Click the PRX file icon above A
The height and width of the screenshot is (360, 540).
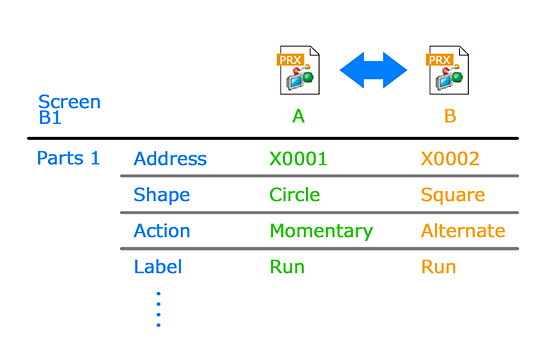[299, 70]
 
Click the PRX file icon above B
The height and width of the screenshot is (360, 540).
[448, 70]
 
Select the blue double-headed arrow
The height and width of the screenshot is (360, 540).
[373, 70]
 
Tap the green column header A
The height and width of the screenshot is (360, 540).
[299, 116]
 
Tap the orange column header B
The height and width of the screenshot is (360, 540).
[450, 116]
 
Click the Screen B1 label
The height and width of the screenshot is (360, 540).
[69, 109]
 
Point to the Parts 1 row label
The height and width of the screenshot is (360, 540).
[68, 158]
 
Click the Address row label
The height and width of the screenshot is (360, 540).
[170, 159]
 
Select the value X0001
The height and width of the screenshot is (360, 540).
[298, 159]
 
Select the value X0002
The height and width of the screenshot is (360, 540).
[450, 159]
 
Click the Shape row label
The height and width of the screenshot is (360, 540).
[162, 195]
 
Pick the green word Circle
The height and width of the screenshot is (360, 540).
[294, 195]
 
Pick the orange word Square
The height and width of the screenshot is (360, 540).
[453, 195]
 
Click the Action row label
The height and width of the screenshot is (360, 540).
[162, 231]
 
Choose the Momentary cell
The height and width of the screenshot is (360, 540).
[321, 232]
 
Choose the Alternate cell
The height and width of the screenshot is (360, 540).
[463, 231]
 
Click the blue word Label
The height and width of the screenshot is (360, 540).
[158, 267]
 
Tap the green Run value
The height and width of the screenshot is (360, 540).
[287, 267]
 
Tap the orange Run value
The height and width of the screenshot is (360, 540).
[438, 267]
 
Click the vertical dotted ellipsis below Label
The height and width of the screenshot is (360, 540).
[158, 309]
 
